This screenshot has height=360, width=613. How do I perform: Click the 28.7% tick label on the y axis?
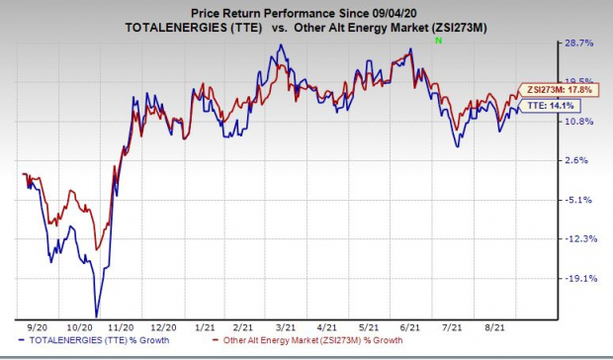tap(579, 43)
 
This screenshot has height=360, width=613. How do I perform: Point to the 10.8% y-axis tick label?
tap(579, 122)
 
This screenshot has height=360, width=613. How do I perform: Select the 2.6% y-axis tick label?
tap(575, 160)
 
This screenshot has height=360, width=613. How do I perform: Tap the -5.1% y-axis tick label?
tap(577, 200)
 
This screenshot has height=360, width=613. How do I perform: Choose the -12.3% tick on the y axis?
tap(579, 238)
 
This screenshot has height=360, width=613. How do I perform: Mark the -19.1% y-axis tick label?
tap(579, 279)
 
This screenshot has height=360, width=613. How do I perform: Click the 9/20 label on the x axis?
tap(38, 327)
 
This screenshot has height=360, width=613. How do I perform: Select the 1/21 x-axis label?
tap(206, 327)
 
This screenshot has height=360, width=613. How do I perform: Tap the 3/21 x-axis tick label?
tap(286, 327)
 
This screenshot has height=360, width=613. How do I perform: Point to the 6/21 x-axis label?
tap(410, 327)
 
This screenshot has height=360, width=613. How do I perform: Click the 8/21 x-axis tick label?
tap(494, 327)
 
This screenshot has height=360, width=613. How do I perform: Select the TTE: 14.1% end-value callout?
tap(549, 106)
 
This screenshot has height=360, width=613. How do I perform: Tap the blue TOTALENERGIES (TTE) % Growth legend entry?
tap(94, 340)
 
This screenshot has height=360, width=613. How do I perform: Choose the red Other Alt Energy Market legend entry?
tap(307, 340)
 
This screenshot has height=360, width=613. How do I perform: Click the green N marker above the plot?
tap(439, 41)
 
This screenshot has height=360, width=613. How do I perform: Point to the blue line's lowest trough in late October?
tap(96, 315)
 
